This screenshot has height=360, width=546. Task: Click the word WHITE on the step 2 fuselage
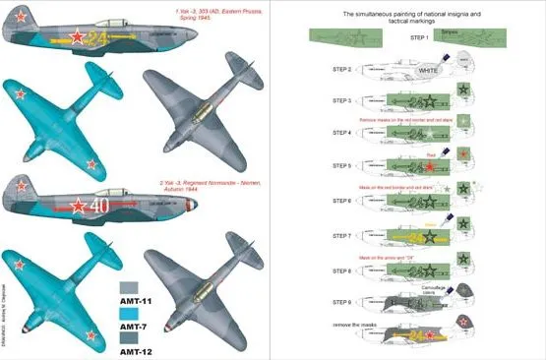click(429, 72)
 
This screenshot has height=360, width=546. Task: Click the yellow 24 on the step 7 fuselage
click(421, 237)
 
